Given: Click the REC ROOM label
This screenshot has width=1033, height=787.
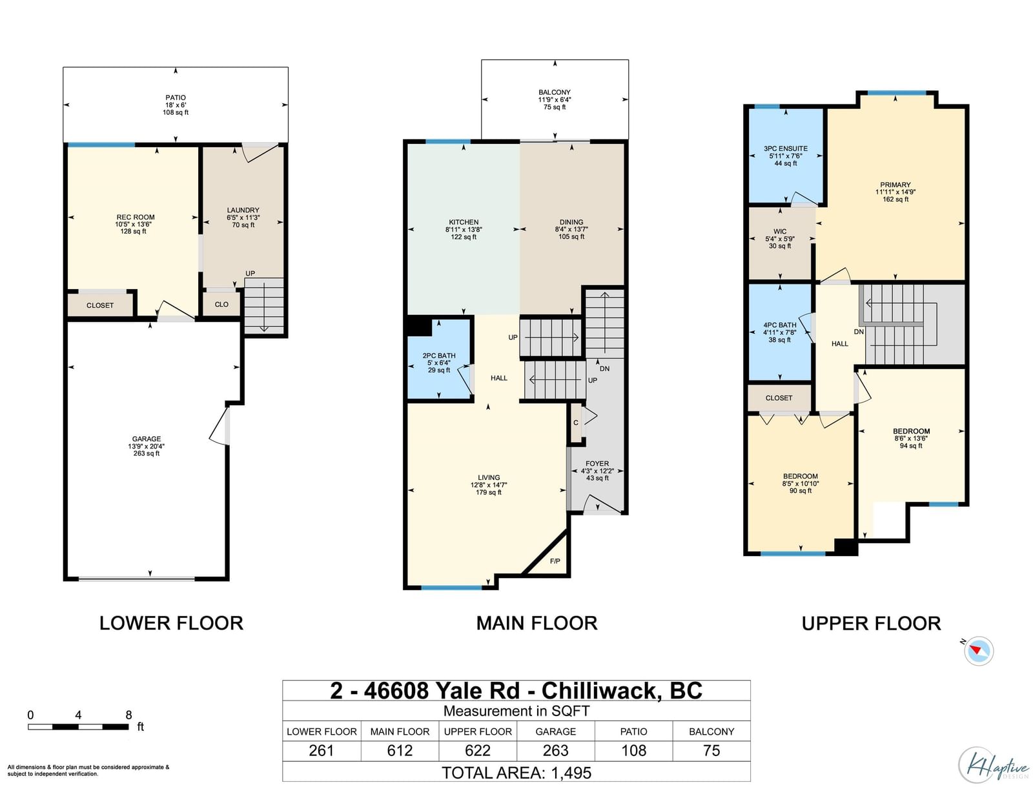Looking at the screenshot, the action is pos(136,217).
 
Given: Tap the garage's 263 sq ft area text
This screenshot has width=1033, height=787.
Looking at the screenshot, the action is pos(147,453).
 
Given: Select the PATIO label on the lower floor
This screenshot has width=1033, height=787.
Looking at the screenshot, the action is pos(176,98).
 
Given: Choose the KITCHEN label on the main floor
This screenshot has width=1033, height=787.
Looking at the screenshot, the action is pos(464,222).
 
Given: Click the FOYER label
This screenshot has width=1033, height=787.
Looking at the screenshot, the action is pos(597,464).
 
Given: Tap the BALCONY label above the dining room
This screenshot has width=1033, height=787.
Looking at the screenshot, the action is pos(555,92).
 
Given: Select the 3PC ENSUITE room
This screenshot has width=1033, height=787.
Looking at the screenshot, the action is pos(786,156).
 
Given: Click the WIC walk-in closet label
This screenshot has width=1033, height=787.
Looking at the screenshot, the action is pos(780,232).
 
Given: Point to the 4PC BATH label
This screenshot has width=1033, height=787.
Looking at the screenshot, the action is pos(780,325).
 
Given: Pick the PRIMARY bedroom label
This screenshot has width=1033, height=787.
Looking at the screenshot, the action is pos(895,184).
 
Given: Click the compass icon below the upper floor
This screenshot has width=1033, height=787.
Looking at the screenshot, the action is pos(979,651).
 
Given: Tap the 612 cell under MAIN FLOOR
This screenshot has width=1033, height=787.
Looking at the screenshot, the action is pos(400,750).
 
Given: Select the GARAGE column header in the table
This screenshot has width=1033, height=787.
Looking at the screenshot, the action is pos(555,732).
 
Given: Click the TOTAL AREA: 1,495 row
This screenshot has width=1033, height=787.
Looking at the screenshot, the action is pos(516,773).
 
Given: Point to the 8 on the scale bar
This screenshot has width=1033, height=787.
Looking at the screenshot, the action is pos(128,715).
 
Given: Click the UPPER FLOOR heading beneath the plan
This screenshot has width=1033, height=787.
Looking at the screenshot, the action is pos(871,623).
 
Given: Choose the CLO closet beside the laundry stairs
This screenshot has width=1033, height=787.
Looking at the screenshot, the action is pos(221,304).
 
